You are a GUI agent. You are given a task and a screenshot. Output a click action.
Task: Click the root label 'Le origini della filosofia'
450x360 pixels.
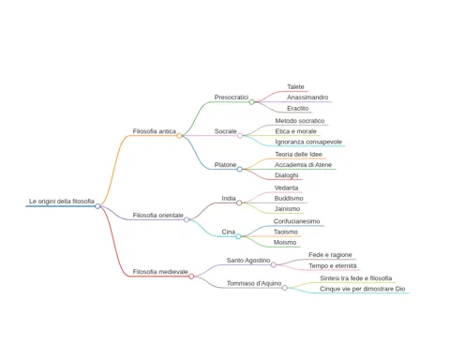point(62,202)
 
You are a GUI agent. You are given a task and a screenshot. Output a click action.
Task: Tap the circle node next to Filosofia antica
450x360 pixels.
point(179,136)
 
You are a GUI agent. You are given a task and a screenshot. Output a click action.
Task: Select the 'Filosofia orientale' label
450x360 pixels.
point(158,216)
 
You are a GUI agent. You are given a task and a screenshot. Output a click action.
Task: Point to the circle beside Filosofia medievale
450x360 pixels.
point(191,277)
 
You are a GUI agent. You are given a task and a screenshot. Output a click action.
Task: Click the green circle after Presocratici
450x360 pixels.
point(251,102)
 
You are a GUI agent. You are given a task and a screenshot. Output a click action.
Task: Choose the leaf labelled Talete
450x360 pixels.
point(295,86)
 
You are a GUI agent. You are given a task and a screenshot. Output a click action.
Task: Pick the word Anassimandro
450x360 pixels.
point(307,97)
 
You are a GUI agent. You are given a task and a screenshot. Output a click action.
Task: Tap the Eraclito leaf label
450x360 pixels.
point(298,108)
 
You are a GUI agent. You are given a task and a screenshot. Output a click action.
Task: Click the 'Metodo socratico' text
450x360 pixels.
point(300,121)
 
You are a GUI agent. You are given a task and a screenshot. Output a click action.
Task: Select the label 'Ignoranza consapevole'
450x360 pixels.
point(308,142)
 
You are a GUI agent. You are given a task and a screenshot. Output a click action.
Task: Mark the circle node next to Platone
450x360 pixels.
point(240,169)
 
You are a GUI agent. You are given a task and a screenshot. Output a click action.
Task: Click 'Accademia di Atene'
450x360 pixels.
point(303,165)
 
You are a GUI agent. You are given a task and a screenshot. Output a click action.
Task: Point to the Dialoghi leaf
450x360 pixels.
point(287,175)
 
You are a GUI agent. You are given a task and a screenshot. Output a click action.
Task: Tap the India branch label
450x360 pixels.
point(229,198)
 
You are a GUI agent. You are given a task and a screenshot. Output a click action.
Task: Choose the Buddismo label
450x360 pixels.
point(289,198)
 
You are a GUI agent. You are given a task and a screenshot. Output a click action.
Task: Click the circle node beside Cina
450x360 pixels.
point(238,236)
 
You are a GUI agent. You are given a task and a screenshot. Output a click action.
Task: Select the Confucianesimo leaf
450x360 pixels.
point(296,221)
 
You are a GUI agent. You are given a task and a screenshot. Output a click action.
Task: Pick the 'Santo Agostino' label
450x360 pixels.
point(248,261)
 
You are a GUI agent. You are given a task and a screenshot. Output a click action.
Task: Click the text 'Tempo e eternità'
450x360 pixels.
point(333,266)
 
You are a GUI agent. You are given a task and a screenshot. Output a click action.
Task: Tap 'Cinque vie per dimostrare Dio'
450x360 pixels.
point(363,289)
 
